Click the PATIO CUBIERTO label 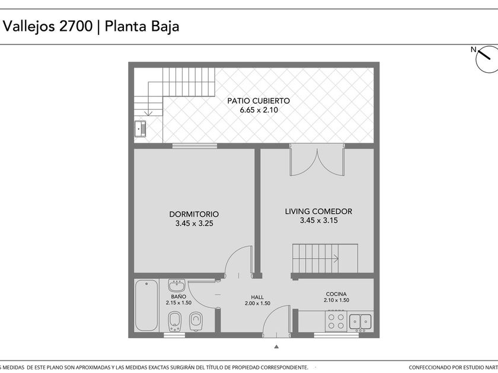coord(258,101)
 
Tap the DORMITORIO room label coord(194,214)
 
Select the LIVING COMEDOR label coord(318,211)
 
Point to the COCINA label coord(336,294)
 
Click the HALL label coord(257,297)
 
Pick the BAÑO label coord(178,297)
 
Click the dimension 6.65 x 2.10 coord(259,110)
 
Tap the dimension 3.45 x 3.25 coord(194,223)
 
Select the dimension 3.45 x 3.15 coord(319,220)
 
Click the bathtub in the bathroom coord(146,305)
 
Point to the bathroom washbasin coord(177,285)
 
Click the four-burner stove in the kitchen coord(336,321)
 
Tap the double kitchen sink coord(360,321)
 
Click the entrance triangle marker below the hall coord(276,347)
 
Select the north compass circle coord(487,59)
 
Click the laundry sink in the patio coord(140,129)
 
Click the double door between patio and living coord(317,160)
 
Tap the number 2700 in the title coord(76,26)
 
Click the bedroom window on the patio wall coord(194,146)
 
